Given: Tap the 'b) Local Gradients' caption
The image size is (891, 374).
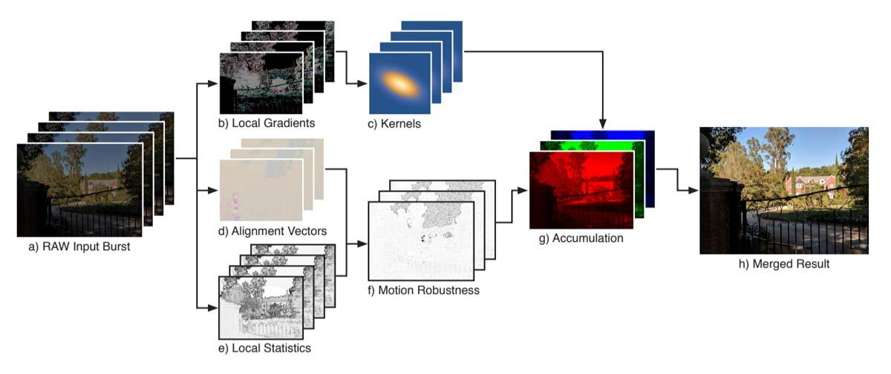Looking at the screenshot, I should coord(261,122).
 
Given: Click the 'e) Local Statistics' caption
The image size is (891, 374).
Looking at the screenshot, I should coord(264,347).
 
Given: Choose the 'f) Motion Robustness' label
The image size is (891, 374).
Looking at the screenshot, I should coord(424,290).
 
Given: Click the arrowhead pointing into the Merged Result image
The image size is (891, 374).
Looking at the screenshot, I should coord(693,191).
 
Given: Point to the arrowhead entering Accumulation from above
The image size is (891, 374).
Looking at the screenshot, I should coord(602,121).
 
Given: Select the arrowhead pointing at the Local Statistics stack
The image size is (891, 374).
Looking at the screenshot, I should coord(213,306).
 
